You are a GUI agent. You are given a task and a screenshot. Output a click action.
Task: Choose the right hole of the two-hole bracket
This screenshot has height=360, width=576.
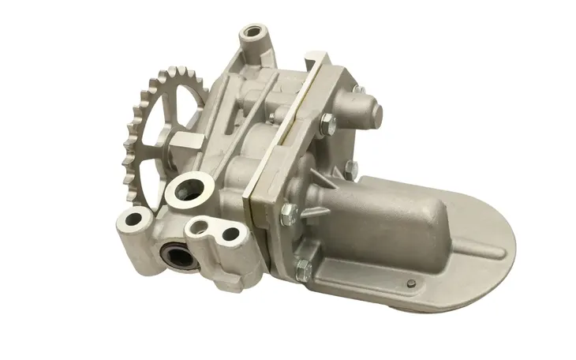230,234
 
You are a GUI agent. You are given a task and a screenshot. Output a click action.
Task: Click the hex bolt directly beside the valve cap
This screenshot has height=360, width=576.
326,123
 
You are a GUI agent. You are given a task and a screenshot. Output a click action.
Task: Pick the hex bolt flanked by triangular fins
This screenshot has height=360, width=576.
290,211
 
